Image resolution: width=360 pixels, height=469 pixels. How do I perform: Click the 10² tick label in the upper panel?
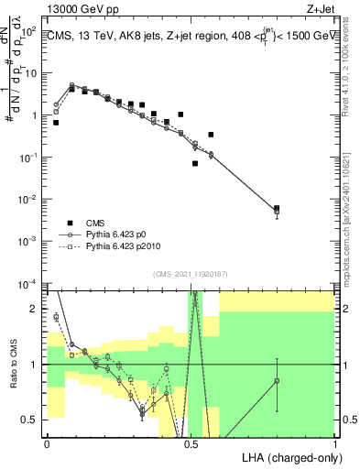pos(31,31)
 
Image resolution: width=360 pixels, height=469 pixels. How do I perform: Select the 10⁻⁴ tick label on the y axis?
pos(30,283)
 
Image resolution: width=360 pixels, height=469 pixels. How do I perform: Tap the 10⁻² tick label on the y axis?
pos(30,199)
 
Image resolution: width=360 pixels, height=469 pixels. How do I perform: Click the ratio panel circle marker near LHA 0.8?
pos(277,380)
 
